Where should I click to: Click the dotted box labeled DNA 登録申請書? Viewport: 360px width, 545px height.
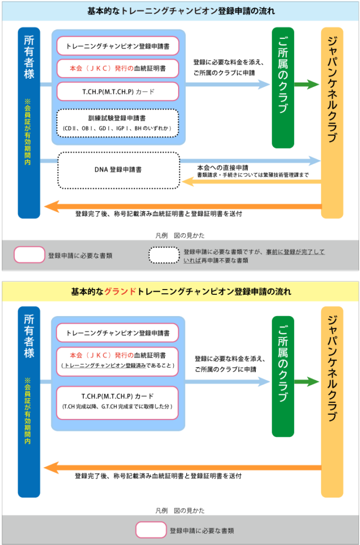click(x=119, y=170)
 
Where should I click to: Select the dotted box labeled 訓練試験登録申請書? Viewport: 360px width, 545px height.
click(x=118, y=123)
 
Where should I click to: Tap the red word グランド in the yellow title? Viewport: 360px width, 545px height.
click(x=120, y=291)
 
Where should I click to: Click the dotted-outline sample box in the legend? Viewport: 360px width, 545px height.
click(x=164, y=255)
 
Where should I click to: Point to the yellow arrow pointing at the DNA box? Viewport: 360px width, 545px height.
click(x=252, y=181)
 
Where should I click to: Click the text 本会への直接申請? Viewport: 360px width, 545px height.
click(x=223, y=168)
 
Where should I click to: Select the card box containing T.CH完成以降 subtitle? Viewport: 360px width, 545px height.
click(x=118, y=402)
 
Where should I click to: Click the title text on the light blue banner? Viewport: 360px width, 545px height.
click(x=181, y=11)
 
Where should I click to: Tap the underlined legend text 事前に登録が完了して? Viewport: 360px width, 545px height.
click(x=295, y=252)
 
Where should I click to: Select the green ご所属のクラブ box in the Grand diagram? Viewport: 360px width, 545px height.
click(x=283, y=376)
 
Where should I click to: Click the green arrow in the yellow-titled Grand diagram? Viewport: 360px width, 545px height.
click(x=306, y=382)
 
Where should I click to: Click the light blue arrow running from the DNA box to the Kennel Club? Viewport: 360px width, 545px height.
click(x=250, y=161)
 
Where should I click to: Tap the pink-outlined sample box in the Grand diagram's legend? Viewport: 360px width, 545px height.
click(x=150, y=530)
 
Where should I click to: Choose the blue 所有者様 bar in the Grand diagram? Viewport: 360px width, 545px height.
click(x=29, y=402)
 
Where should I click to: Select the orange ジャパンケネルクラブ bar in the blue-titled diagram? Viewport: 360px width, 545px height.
click(x=332, y=123)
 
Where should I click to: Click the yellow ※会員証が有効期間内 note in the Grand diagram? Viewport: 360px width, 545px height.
click(x=28, y=410)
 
